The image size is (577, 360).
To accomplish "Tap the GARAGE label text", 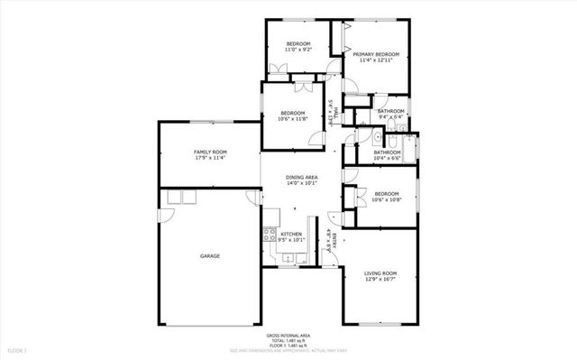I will tap(210, 256).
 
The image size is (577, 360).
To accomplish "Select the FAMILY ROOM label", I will tap(210, 152).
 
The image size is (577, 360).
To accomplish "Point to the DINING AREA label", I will tap(301, 177).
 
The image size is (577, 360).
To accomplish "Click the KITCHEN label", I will tap(290, 235).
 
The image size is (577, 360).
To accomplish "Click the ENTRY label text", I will tap(334, 239).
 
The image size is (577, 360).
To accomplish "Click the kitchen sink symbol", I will tap(288, 258).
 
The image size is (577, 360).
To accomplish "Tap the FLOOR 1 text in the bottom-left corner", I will tap(18, 348).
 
